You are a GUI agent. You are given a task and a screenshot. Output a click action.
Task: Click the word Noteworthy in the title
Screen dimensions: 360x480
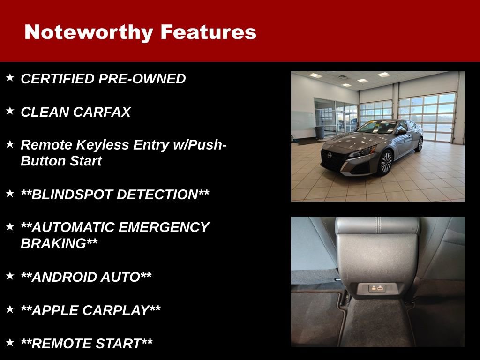(x=89, y=32)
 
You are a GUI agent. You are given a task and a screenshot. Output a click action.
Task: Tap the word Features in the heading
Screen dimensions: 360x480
(x=208, y=32)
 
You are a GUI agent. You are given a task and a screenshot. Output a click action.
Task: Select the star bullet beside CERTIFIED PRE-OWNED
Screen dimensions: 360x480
(x=10, y=77)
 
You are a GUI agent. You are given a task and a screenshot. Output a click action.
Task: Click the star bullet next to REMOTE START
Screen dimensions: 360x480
(x=10, y=342)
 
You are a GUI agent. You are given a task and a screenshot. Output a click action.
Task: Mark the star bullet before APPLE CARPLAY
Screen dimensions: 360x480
(x=10, y=309)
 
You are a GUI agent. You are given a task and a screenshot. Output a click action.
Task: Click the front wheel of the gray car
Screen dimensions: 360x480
(x=385, y=163)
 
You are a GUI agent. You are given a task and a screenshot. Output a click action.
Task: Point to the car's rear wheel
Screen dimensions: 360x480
(x=419, y=144)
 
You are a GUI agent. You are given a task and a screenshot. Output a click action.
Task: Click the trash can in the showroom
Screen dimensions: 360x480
(x=320, y=132)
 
